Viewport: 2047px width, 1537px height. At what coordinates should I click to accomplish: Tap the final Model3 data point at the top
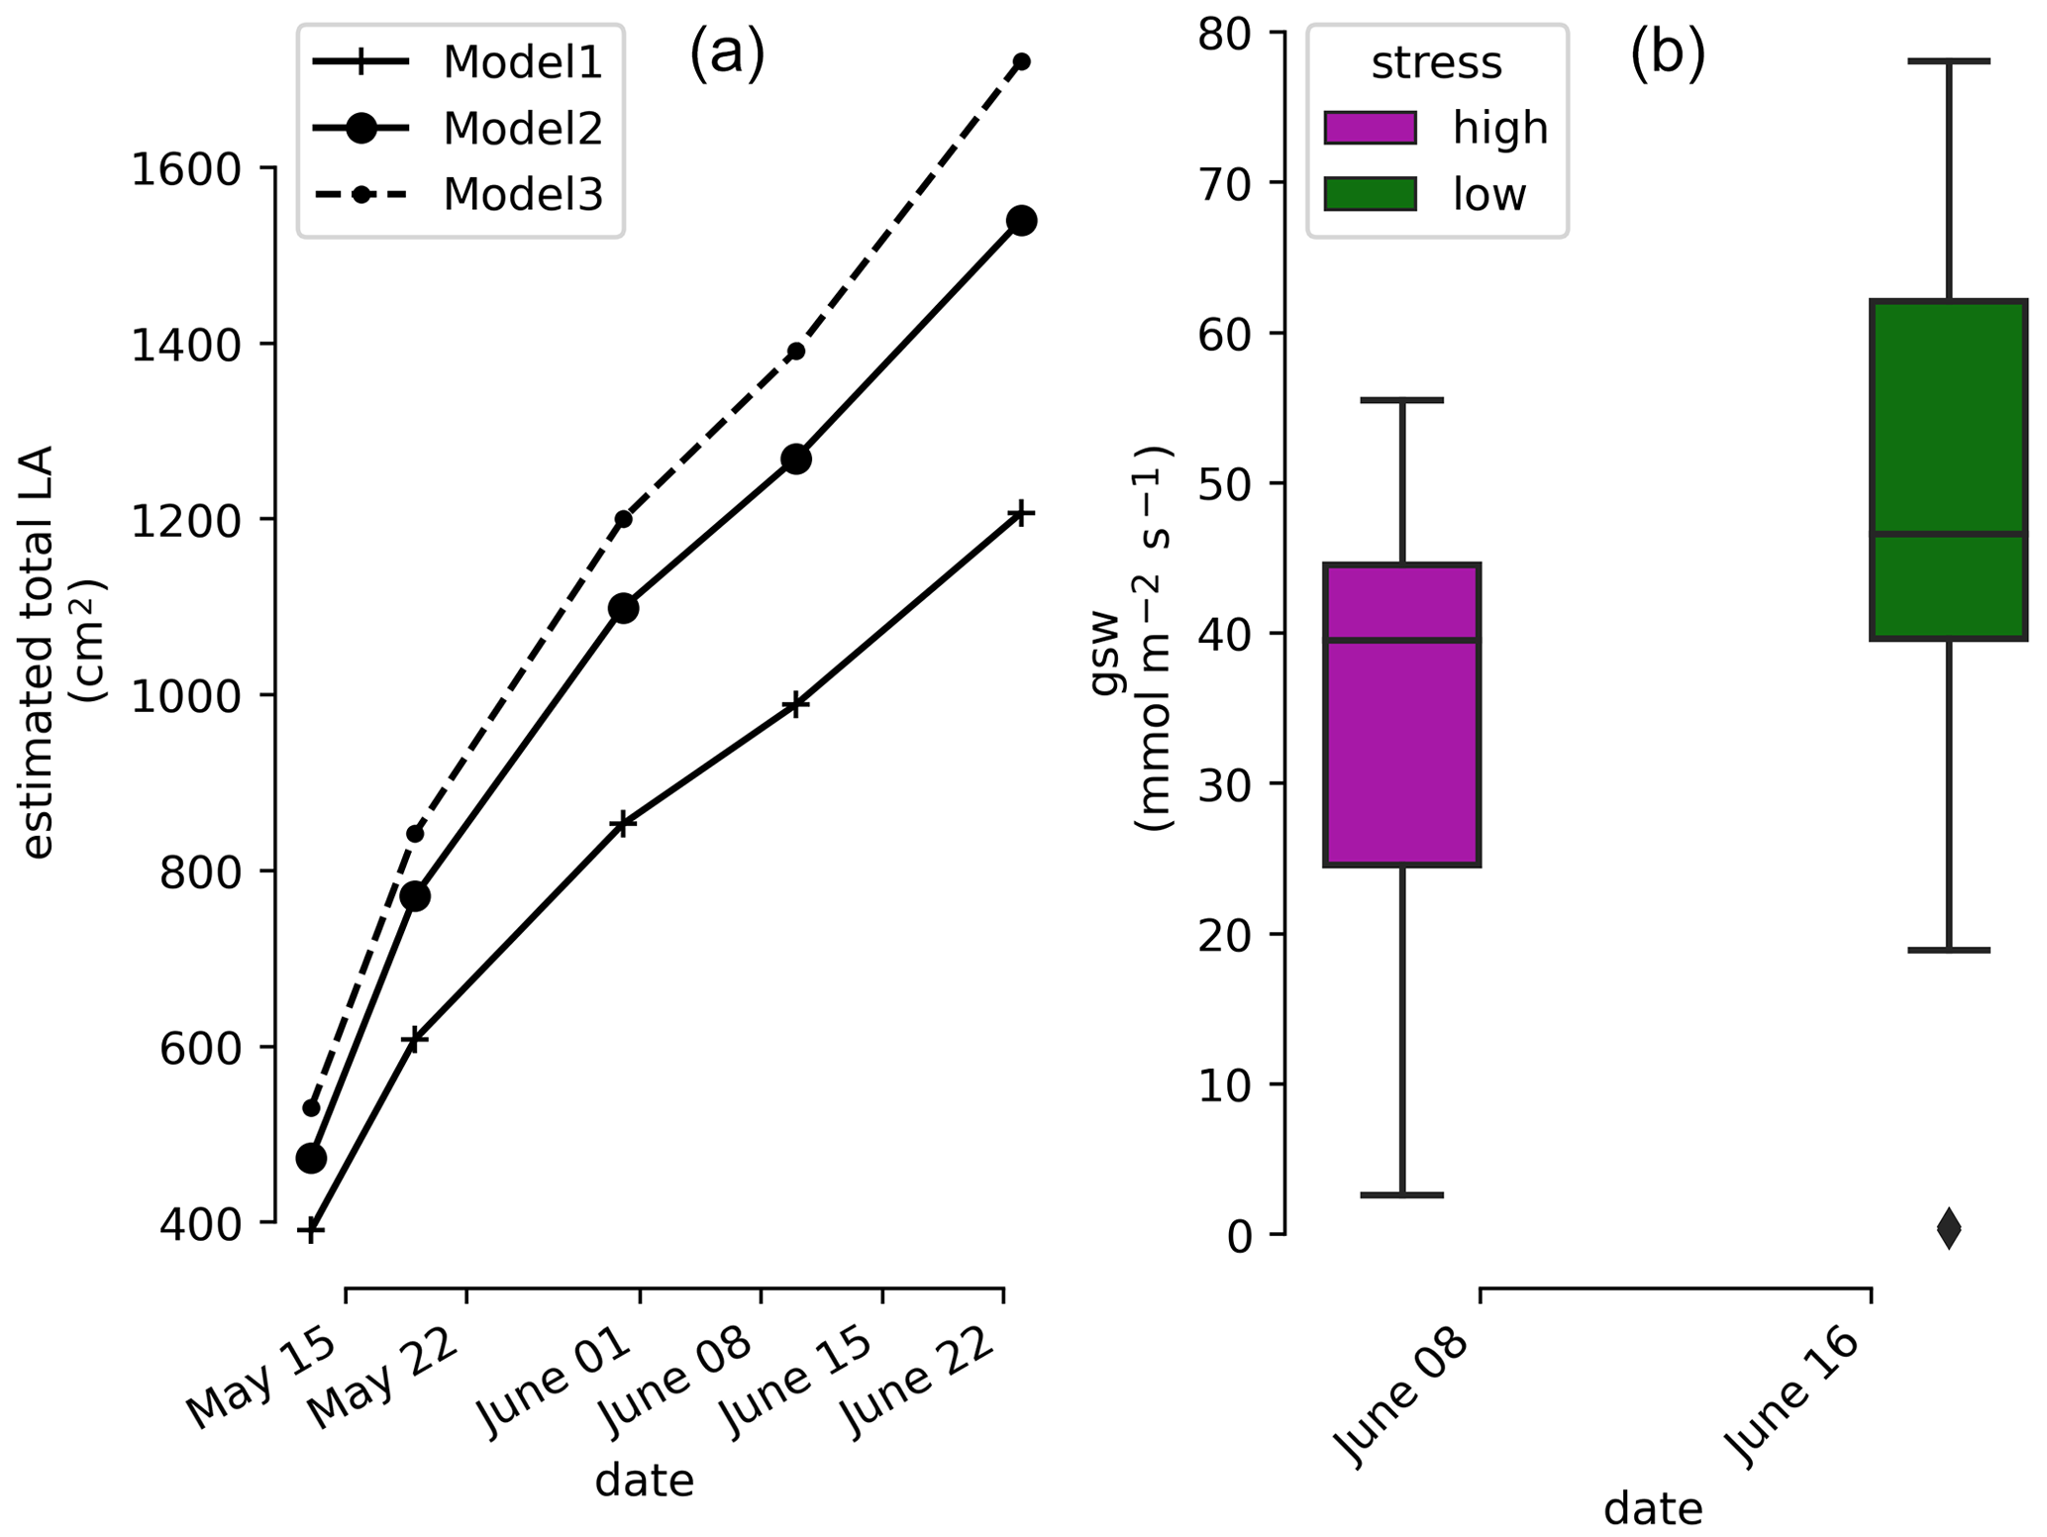click(1022, 61)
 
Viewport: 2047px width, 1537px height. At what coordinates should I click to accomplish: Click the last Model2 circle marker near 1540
click(1022, 221)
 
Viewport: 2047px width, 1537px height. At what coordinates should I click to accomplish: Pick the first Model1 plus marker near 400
click(311, 1231)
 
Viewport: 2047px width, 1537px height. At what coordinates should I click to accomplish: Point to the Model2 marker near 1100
click(623, 608)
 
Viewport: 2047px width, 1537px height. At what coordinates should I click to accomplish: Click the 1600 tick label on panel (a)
click(186, 170)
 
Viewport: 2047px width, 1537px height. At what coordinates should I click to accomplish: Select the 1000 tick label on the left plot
click(186, 696)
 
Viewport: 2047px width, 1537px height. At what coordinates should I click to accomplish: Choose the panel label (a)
click(727, 54)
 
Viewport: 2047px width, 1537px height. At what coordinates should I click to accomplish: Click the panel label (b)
click(1668, 54)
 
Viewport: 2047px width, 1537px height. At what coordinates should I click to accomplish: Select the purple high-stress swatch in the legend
click(1370, 128)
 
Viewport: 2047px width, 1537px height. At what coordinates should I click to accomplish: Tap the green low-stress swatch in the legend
click(1370, 194)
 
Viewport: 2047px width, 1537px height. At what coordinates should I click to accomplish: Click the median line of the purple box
click(1402, 640)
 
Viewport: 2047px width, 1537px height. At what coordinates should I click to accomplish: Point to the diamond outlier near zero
click(1948, 1229)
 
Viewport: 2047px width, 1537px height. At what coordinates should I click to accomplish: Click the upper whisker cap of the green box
click(1948, 61)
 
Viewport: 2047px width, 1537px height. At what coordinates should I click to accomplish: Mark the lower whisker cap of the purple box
click(1402, 1195)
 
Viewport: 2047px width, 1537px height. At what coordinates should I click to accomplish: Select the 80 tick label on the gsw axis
click(1226, 34)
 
